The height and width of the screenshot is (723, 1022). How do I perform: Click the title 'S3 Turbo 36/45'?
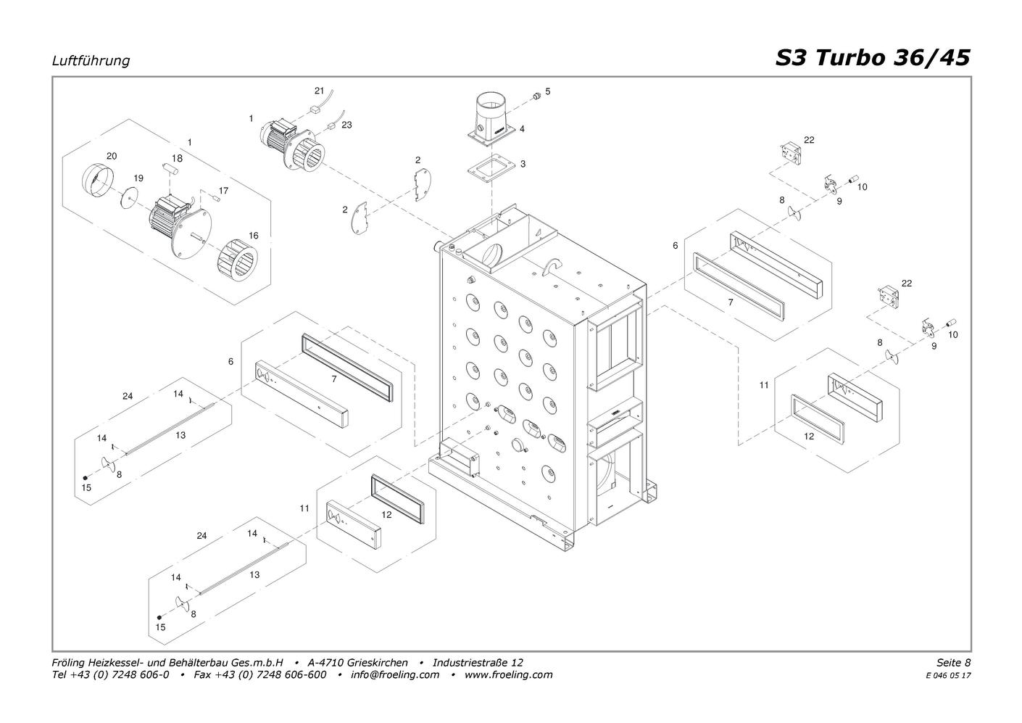click(x=872, y=57)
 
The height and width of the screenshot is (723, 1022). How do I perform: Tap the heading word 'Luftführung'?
click(x=91, y=61)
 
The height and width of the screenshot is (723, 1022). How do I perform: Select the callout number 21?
click(x=319, y=91)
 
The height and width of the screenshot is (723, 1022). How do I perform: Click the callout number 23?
click(x=346, y=125)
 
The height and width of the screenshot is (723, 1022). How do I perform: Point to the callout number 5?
click(x=548, y=91)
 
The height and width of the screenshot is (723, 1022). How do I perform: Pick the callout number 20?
click(x=112, y=156)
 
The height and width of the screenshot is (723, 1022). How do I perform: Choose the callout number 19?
click(x=138, y=178)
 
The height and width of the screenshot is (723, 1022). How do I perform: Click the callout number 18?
click(x=177, y=158)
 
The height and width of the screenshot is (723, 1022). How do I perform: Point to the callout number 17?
click(x=223, y=191)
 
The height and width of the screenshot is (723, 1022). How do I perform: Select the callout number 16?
click(x=253, y=236)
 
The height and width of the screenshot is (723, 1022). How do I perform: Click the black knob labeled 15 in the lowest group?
click(x=159, y=617)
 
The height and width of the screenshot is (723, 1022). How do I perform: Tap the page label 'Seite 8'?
click(x=953, y=662)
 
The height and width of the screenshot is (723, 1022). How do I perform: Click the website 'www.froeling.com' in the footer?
click(x=508, y=674)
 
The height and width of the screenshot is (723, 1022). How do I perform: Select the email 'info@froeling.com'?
click(x=395, y=674)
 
